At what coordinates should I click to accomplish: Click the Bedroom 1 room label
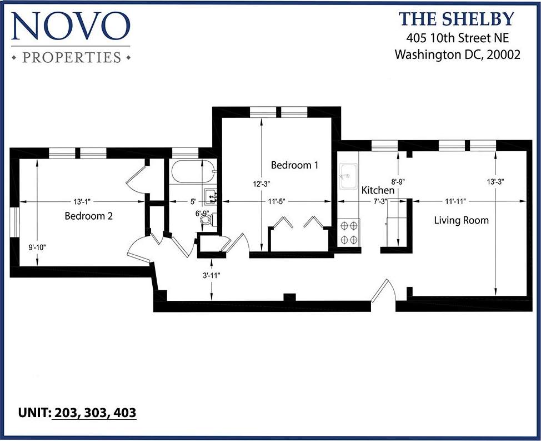(294, 165)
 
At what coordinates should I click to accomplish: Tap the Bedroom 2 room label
(89, 216)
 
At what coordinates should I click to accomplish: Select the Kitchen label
(378, 190)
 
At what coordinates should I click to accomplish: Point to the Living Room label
(461, 220)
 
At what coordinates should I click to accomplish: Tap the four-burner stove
(349, 232)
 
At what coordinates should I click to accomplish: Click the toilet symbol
(207, 220)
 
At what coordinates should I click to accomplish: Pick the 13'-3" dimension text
(495, 181)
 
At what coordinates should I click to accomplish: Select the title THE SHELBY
(456, 19)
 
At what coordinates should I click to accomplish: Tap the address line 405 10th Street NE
(457, 38)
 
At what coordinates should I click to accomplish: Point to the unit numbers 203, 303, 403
(94, 413)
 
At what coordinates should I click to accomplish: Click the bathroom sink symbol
(211, 196)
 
